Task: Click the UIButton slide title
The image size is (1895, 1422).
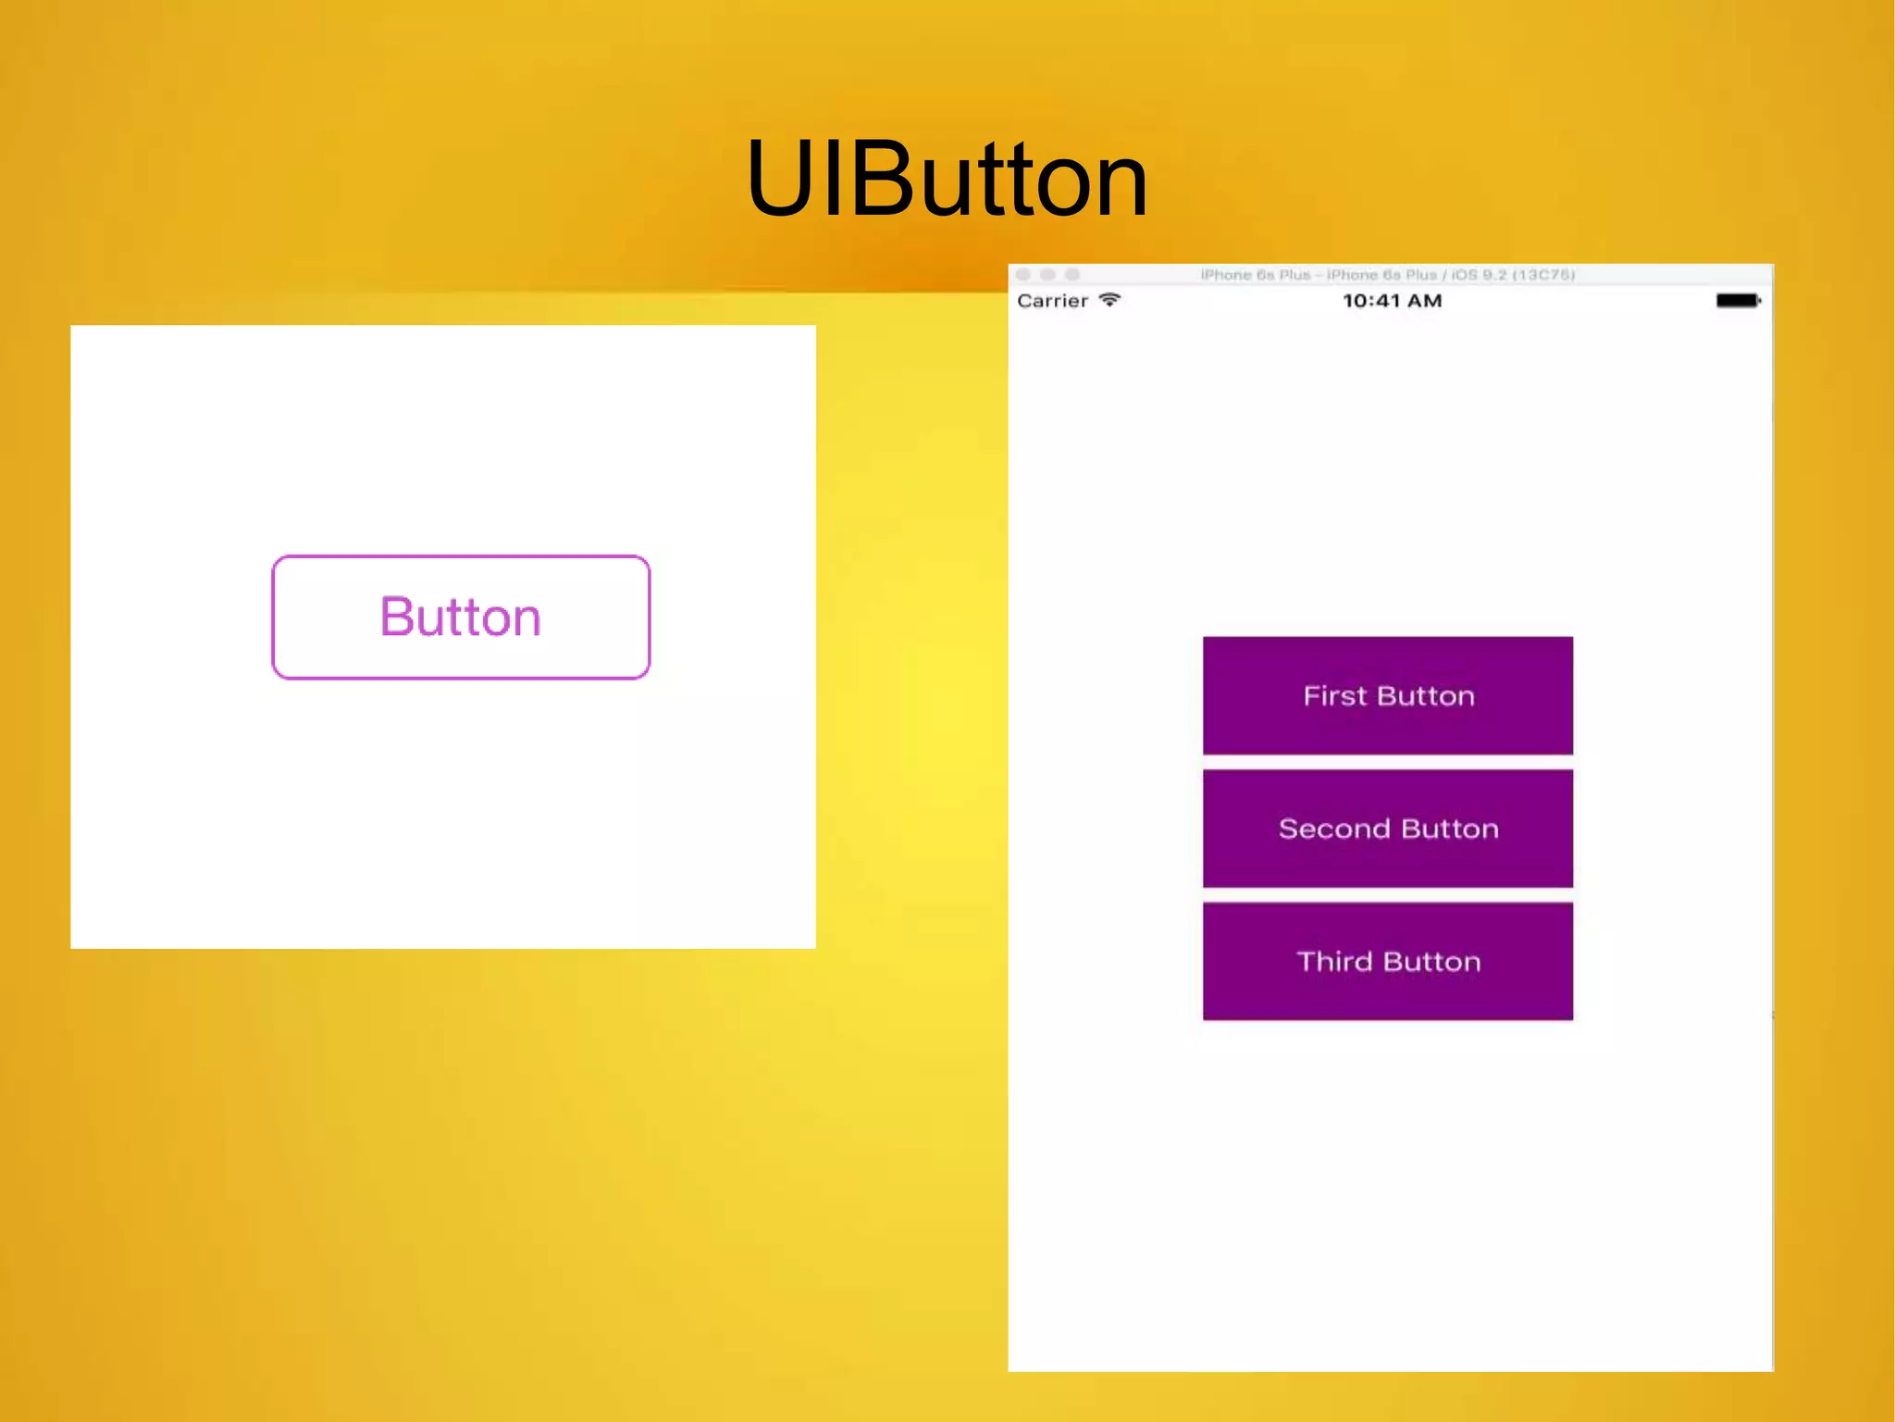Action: click(x=947, y=179)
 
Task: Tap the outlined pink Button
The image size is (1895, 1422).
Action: click(x=461, y=617)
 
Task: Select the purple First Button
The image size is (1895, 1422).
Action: click(x=1387, y=695)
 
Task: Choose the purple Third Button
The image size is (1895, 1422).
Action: click(x=1387, y=961)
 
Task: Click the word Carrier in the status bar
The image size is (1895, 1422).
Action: click(x=1052, y=301)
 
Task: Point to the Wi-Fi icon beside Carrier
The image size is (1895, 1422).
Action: click(x=1110, y=300)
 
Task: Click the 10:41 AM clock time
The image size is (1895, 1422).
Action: click(x=1392, y=301)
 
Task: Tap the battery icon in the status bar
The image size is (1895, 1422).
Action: click(x=1738, y=301)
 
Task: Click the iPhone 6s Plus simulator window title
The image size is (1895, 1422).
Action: click(x=1387, y=275)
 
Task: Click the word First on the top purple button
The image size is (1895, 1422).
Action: click(x=1335, y=695)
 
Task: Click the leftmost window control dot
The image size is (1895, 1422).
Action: click(x=1023, y=275)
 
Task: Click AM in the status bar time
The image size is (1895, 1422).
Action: click(x=1424, y=301)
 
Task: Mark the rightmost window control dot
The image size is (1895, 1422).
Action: click(x=1072, y=275)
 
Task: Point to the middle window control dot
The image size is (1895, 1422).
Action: click(x=1047, y=275)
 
